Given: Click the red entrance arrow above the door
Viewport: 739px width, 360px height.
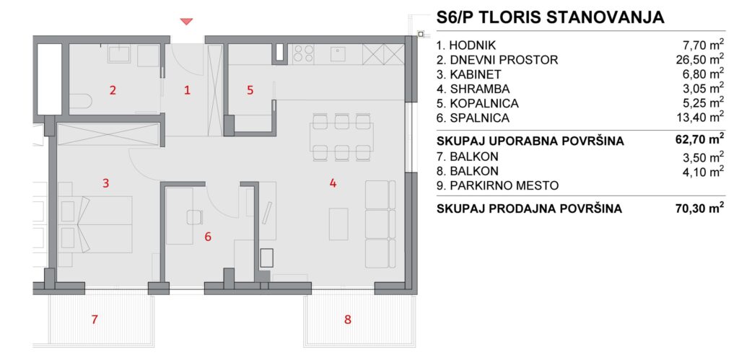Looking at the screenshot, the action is click(187, 21).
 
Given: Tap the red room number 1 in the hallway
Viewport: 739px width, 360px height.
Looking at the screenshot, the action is click(187, 90).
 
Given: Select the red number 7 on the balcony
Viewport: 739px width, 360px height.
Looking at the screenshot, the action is click(95, 320).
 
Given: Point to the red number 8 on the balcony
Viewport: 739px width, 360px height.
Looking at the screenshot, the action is click(348, 320).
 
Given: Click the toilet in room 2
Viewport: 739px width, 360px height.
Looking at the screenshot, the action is click(80, 101).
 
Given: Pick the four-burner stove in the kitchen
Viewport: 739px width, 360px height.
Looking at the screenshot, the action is click(303, 53).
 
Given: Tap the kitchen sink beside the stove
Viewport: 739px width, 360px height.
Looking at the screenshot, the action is click(338, 53).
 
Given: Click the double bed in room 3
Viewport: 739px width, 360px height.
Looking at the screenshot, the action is click(95, 224).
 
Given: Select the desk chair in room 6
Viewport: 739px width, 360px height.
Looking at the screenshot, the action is click(194, 217).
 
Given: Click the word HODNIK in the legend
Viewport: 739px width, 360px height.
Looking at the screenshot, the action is click(473, 45).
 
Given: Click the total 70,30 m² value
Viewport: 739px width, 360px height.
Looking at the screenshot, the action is click(699, 208).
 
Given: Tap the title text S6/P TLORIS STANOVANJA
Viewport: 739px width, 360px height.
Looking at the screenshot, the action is click(550, 17).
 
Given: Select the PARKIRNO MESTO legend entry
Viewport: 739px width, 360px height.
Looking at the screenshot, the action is click(498, 185).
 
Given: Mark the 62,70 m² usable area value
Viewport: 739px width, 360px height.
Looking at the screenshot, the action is click(699, 139).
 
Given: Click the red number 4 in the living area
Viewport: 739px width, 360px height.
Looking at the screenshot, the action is click(333, 183).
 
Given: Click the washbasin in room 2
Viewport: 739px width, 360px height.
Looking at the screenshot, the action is click(119, 53).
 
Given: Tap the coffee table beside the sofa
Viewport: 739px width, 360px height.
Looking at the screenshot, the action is click(338, 224).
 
